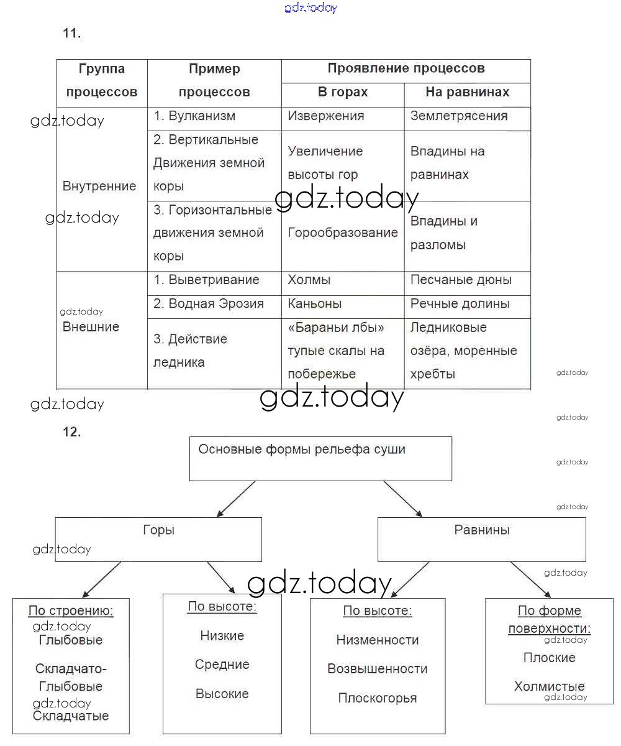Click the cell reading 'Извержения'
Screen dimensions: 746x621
pyautogui.click(x=326, y=116)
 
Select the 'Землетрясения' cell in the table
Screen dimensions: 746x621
pyautogui.click(x=459, y=116)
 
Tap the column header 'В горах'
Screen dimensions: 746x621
pyautogui.click(x=343, y=92)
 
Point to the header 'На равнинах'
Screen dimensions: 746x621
pyautogui.click(x=467, y=92)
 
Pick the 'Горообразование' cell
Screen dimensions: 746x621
pyautogui.click(x=342, y=233)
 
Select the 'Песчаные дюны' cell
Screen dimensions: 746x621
pyautogui.click(x=461, y=280)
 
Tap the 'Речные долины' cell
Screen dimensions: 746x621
pyautogui.click(x=460, y=304)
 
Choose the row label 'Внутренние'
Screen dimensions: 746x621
pyautogui.click(x=99, y=186)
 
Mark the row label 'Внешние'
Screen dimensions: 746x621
pyautogui.click(x=91, y=327)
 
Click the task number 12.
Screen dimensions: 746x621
pyautogui.click(x=71, y=432)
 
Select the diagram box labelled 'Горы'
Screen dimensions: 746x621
pyautogui.click(x=158, y=538)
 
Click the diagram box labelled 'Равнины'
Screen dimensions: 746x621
pyautogui.click(x=482, y=538)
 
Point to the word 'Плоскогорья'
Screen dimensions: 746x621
pyautogui.click(x=378, y=698)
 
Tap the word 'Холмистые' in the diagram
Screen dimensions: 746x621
pyautogui.click(x=549, y=687)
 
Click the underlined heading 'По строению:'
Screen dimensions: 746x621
pyautogui.click(x=71, y=611)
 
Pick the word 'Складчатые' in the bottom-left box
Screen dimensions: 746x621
pyautogui.click(x=71, y=716)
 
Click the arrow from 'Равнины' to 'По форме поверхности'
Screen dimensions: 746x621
pyautogui.click(x=531, y=579)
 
